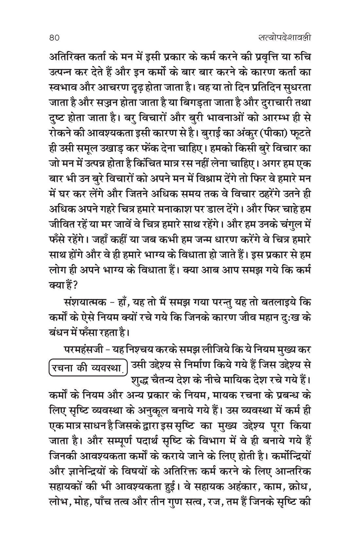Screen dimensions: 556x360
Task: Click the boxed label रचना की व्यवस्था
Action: pyautogui.click(x=88, y=368)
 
